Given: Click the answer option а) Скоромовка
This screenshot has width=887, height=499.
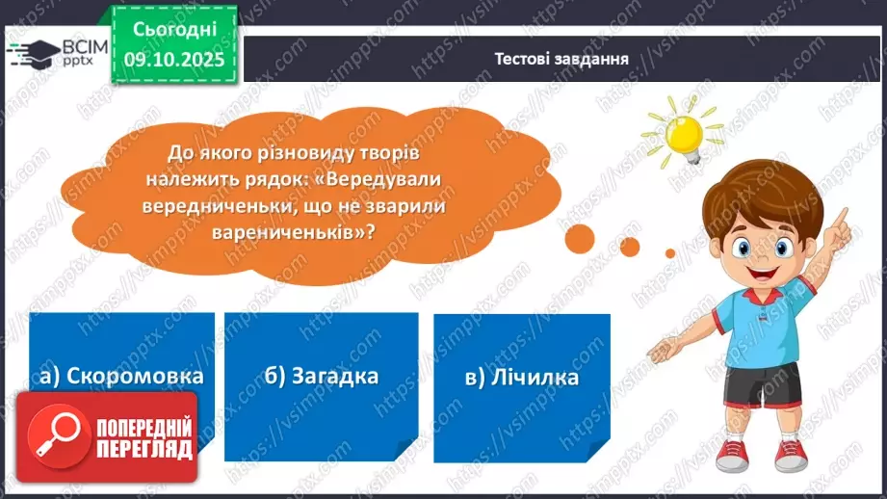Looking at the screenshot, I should pyautogui.click(x=121, y=377).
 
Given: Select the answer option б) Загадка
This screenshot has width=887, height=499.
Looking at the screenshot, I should pyautogui.click(x=321, y=377).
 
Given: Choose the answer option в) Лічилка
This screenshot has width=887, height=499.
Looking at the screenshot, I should pyautogui.click(x=521, y=377).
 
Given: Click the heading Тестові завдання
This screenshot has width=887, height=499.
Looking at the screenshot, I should pyautogui.click(x=561, y=58).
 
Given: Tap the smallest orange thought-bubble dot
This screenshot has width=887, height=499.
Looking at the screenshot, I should pyautogui.click(x=670, y=253).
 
